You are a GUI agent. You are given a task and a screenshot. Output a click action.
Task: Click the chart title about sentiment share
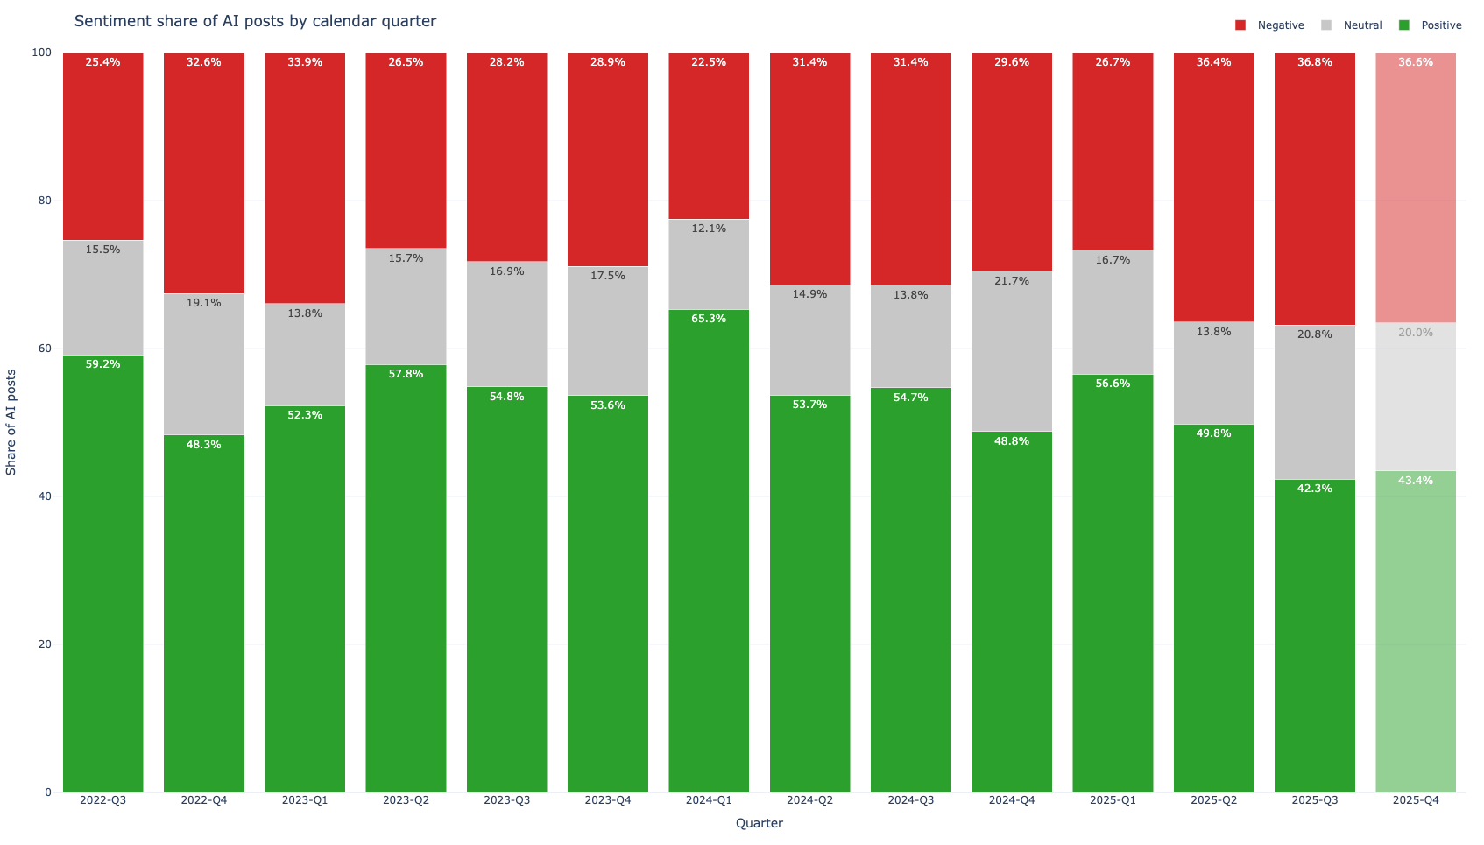[255, 21]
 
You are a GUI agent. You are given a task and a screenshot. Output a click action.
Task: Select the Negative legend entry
[1269, 25]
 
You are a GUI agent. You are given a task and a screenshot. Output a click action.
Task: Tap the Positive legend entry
[1431, 25]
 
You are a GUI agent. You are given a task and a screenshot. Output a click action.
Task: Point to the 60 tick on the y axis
[42, 349]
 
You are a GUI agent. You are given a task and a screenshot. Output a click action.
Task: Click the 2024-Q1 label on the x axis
[709, 800]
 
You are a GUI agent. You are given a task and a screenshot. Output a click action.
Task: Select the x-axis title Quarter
[759, 823]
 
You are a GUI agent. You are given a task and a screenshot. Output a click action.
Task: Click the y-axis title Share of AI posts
[11, 422]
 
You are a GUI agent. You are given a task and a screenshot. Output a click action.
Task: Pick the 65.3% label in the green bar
[709, 319]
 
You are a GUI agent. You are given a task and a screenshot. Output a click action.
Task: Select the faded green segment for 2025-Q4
[1416, 630]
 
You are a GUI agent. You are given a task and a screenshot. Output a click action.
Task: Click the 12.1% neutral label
[709, 229]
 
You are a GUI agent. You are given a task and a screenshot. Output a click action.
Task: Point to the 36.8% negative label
[1315, 62]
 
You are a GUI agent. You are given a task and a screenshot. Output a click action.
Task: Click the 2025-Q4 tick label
[1416, 800]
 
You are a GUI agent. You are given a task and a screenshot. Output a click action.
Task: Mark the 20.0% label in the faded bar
[1416, 333]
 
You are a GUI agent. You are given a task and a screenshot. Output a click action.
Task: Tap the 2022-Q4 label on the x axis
[203, 800]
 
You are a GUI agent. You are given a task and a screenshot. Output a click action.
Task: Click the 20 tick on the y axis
[42, 644]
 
